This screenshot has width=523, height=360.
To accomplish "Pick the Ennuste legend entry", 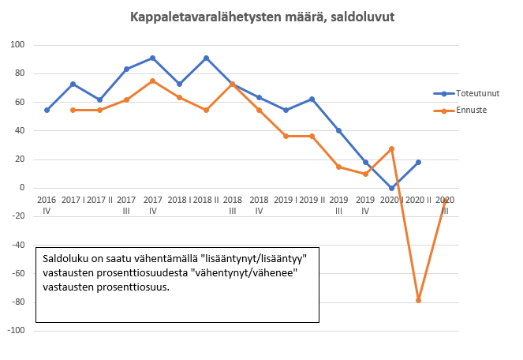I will pos(465,110).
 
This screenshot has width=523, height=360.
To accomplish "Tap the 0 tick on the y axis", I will pos(24,188).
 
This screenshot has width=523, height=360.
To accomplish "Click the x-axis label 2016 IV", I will pos(47,206).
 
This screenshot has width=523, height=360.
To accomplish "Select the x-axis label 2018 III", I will pos(232,206).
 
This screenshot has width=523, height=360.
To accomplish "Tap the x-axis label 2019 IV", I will pos(364,206).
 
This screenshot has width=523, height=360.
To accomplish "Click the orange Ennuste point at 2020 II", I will pos(418,300).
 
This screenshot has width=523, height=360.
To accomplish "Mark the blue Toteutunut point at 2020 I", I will pos(391,188).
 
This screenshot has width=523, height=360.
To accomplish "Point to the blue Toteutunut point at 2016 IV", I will pos(47,110).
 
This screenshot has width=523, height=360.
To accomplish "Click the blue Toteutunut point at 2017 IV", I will pos(152,58).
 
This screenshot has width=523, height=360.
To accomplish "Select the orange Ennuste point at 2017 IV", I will pos(152,81).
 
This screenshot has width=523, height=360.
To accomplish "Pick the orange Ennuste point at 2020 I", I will pos(391,148).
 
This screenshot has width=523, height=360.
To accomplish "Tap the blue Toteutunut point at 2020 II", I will pos(418,162).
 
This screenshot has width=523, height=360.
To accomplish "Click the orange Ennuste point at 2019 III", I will pos(338,167).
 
